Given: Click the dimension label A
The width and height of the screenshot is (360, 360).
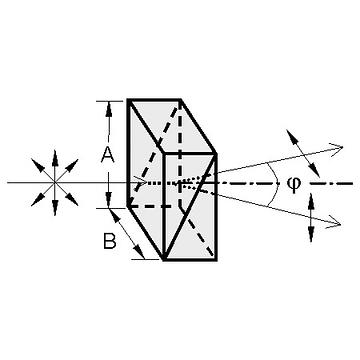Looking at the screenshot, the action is (x=108, y=155).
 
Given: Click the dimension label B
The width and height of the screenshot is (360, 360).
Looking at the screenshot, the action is (x=110, y=241).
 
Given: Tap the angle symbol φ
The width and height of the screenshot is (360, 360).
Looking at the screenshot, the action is (x=293, y=184).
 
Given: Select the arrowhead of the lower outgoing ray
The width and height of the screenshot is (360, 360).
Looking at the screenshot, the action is (x=334, y=224).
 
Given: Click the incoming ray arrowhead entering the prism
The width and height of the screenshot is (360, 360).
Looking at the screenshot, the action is (x=141, y=182).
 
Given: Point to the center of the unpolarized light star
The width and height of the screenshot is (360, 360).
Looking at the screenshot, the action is (x=55, y=182).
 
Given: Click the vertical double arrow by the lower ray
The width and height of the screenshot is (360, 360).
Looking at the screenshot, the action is (x=311, y=217).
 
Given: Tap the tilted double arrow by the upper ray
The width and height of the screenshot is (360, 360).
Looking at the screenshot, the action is (x=303, y=154).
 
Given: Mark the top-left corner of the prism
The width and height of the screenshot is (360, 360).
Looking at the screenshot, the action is (x=128, y=100).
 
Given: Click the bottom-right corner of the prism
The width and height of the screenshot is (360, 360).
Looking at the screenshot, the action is (x=216, y=260).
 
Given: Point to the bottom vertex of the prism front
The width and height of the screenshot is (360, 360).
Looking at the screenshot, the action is (x=164, y=260).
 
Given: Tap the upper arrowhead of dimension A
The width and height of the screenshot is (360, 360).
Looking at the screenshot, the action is (x=108, y=109).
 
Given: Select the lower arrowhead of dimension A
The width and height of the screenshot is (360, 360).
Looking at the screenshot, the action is (x=108, y=200).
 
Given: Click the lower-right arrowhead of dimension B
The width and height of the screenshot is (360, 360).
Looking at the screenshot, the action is (x=140, y=252).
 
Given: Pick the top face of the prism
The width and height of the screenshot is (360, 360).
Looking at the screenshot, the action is (x=172, y=126).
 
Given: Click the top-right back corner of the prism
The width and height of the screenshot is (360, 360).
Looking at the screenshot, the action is (x=180, y=100).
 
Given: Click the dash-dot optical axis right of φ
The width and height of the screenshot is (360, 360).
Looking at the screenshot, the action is (x=331, y=183).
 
